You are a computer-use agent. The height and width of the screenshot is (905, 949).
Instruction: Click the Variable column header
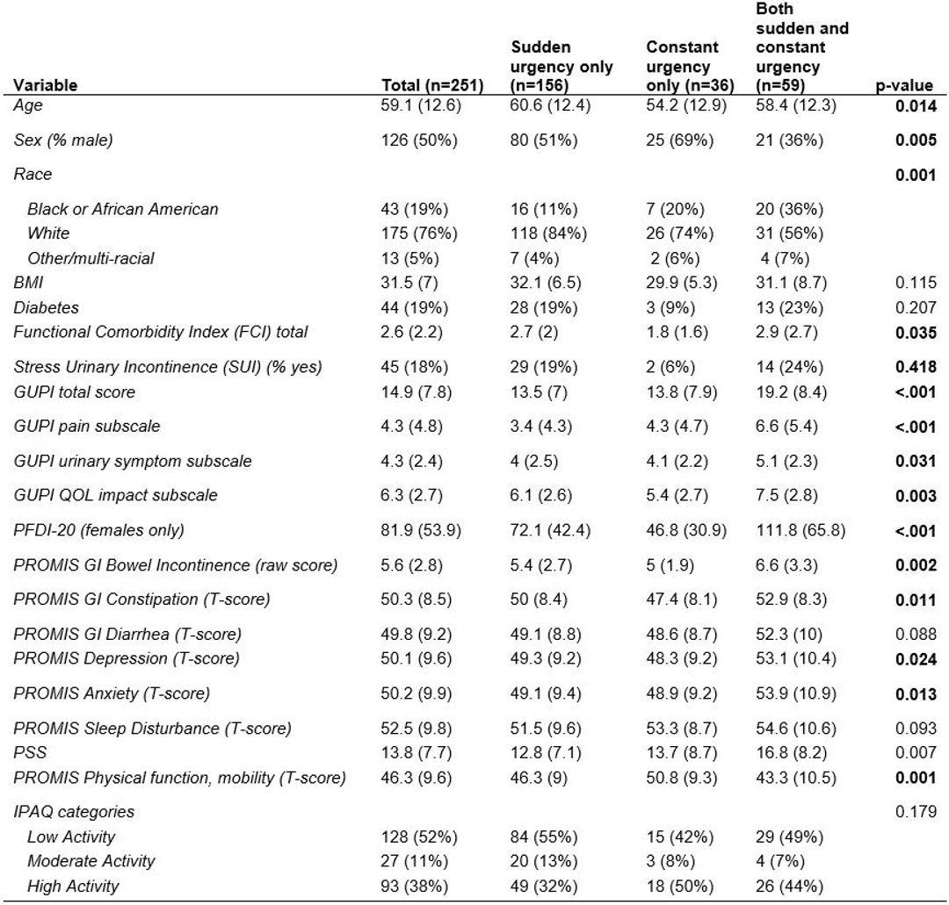tap(46, 84)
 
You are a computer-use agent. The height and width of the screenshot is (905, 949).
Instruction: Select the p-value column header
tap(904, 86)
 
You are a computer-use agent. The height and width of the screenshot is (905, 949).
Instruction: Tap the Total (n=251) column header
tap(432, 85)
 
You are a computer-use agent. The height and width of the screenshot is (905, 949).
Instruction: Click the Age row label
tap(28, 105)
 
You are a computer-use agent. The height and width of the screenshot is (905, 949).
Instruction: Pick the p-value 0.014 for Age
tap(916, 106)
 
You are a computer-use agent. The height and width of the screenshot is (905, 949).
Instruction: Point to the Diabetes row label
tap(46, 307)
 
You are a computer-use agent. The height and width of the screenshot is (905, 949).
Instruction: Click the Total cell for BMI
tap(409, 283)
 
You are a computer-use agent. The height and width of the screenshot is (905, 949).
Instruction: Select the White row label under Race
tap(48, 233)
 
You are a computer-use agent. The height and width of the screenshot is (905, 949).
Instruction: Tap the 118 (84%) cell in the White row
tap(548, 233)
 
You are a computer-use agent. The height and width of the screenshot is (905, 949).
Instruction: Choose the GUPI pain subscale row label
tap(86, 427)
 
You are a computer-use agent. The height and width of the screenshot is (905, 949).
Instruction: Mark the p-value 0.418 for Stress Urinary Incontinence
tap(916, 367)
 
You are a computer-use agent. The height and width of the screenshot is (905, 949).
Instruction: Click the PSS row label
tap(30, 752)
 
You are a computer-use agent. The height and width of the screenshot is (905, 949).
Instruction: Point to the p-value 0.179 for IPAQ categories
tap(916, 811)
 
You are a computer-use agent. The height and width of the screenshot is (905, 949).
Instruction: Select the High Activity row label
tap(73, 886)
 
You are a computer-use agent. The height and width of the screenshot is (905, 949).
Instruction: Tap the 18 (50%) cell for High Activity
tap(679, 886)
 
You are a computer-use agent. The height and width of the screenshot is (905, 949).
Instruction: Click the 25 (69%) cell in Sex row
tap(679, 140)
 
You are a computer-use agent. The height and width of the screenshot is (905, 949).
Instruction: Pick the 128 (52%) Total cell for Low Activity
tap(419, 837)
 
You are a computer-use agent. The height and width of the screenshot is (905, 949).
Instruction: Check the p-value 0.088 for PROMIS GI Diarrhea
tap(916, 634)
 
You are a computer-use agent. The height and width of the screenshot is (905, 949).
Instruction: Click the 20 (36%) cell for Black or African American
tap(789, 209)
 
